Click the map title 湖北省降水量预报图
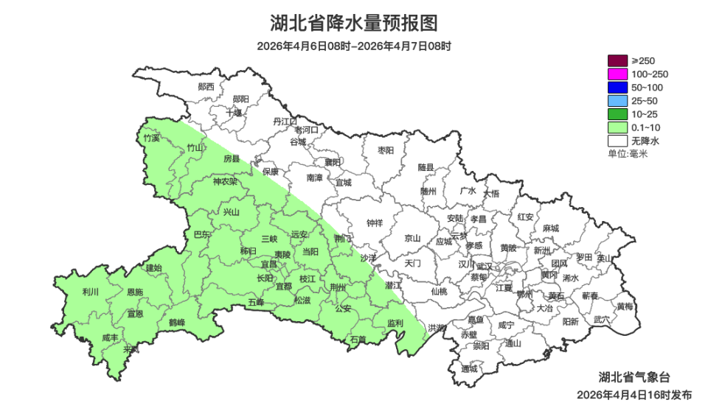tap(354, 24)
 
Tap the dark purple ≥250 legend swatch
tap(617, 61)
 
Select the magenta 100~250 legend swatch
tap(617, 74)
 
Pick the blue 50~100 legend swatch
tap(617, 88)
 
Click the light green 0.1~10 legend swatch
tap(617, 127)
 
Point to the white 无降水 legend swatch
tap(617, 141)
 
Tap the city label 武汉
tap(485, 265)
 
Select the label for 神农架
tap(225, 181)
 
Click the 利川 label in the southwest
tap(91, 292)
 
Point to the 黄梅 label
tap(625, 306)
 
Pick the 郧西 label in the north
tap(206, 86)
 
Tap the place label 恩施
tap(134, 292)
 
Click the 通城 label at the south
tap(469, 368)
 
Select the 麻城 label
tap(550, 228)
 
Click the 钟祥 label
tap(375, 222)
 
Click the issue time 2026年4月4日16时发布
tap(634, 396)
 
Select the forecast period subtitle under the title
tap(354, 46)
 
